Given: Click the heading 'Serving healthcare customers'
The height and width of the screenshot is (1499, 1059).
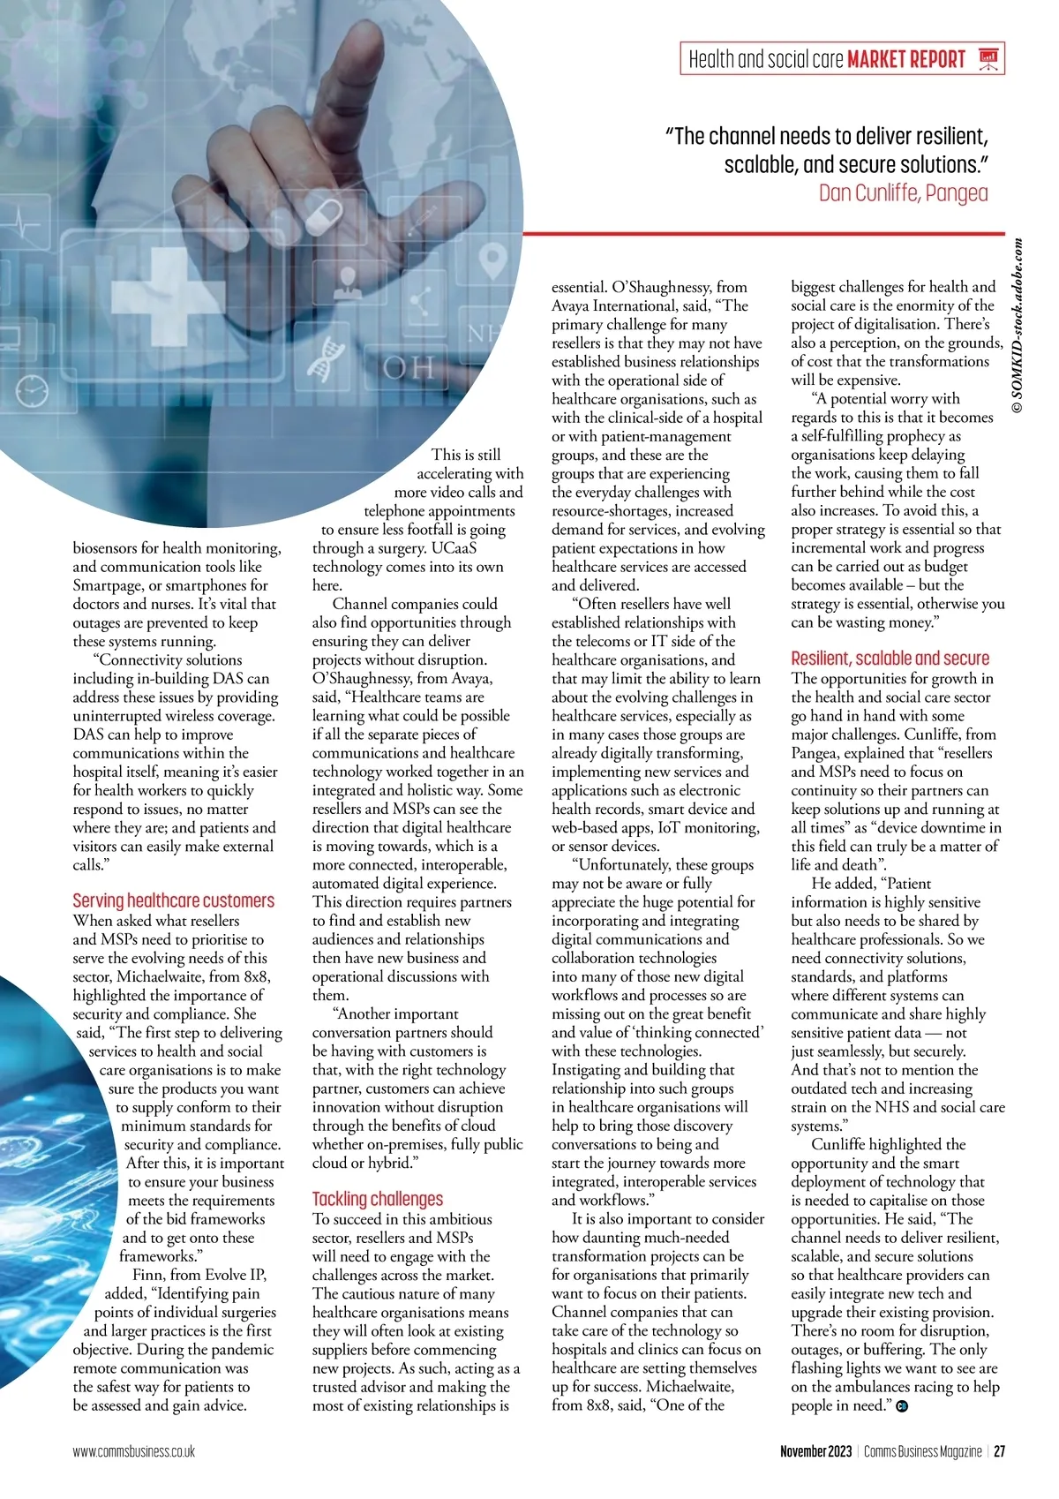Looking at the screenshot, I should coord(173,900).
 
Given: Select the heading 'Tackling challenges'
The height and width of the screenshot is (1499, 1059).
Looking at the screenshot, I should coord(377,1199).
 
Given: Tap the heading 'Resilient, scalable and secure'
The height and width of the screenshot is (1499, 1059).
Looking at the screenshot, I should coord(890,658).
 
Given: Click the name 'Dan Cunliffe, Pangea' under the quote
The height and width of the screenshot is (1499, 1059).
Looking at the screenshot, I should coord(903,192).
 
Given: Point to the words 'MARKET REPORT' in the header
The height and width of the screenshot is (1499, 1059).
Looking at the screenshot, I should coord(905,59).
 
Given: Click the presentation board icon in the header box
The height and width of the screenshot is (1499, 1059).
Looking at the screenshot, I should coord(988,59).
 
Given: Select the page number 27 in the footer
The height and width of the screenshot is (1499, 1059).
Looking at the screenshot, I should coord(999,1451).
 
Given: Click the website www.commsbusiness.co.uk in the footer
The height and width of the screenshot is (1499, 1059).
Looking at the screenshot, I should coord(133,1451).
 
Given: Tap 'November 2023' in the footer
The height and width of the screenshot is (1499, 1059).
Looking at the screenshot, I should coord(815,1451).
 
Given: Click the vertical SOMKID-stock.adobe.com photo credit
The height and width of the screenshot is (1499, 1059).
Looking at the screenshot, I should coord(1018,326).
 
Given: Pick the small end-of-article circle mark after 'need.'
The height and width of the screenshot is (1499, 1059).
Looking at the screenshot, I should coord(901,1406).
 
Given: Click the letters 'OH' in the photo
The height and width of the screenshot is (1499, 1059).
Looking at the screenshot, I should coord(408,366).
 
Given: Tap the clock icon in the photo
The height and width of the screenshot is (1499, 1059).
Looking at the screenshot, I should coord(33,389).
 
